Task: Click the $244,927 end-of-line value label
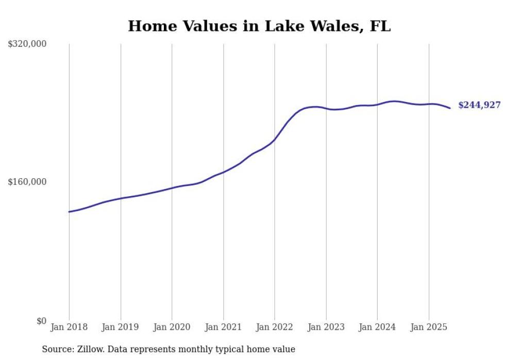479,105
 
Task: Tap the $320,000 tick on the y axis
27,44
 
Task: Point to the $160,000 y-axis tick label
27,182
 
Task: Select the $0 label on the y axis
41,321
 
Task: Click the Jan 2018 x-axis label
69,327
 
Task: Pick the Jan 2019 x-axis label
121,327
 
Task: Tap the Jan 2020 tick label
172,327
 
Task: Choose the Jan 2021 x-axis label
223,327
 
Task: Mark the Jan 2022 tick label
275,327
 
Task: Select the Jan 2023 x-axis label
326,327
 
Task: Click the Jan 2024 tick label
377,327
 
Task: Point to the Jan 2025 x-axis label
429,327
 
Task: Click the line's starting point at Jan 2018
69,212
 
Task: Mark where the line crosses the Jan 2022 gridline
275,140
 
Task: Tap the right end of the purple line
450,108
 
